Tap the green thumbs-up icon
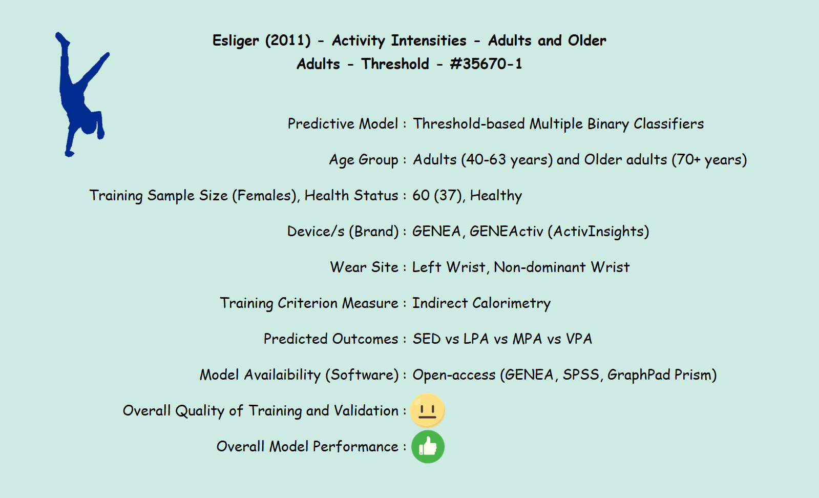(x=428, y=447)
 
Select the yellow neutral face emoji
(x=427, y=410)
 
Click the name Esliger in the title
(x=236, y=40)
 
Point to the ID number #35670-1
(x=486, y=64)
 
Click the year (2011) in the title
(x=288, y=40)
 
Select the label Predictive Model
(x=343, y=123)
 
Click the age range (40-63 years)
(x=507, y=160)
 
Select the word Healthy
(x=496, y=196)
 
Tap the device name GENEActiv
(x=507, y=231)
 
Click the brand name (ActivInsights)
(x=599, y=232)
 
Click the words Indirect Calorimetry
(x=481, y=303)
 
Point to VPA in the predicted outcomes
(x=579, y=339)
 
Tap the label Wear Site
(x=364, y=267)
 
